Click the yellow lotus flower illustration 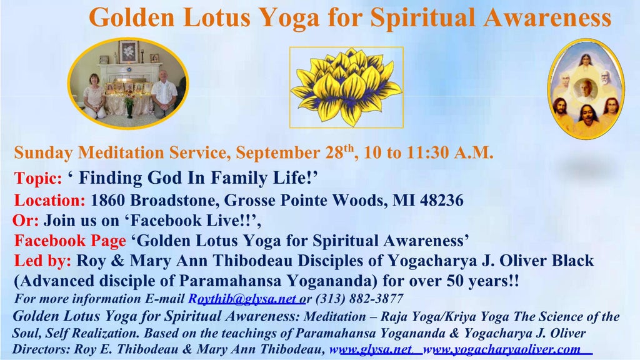click(x=346, y=87)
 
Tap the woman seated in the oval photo click(x=94, y=96)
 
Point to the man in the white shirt click(x=164, y=93)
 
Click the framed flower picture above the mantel click(x=129, y=52)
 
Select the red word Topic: click(x=38, y=178)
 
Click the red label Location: click(x=50, y=201)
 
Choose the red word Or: click(x=26, y=221)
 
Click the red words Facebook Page click(x=70, y=241)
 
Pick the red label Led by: click(x=42, y=261)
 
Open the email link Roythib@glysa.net click(x=244, y=299)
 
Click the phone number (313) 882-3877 click(x=359, y=299)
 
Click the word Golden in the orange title click(x=132, y=18)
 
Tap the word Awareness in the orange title click(x=547, y=18)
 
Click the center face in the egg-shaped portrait click(x=585, y=89)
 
